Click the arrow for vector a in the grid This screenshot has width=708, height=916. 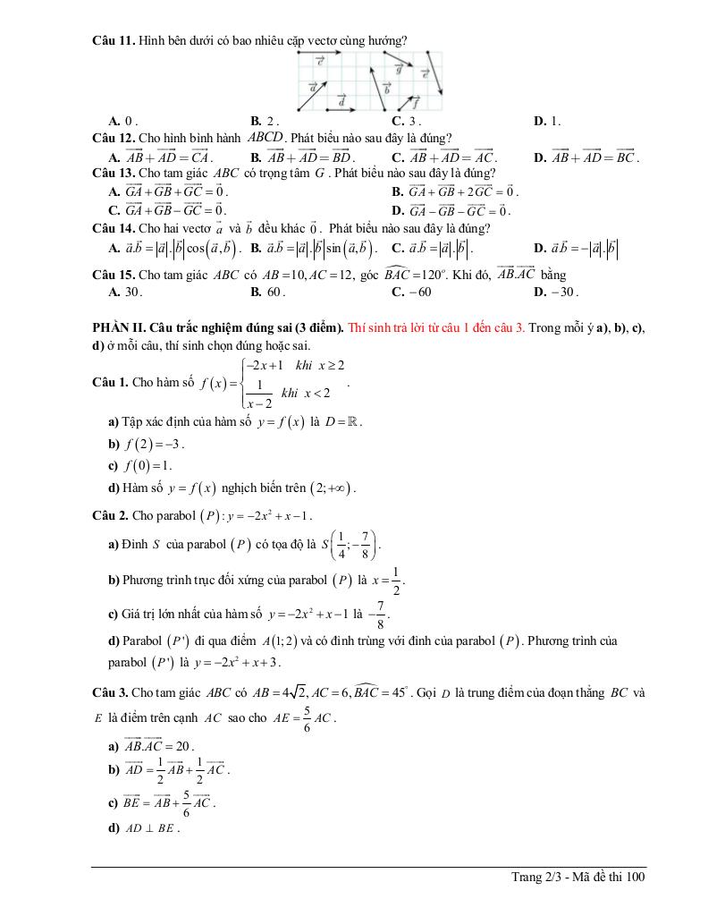point(310,93)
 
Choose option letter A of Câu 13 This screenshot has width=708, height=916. point(114,191)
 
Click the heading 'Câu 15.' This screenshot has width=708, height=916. point(112,275)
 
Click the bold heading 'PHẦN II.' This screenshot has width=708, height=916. point(117,328)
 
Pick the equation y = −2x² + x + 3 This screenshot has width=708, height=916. point(232,663)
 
